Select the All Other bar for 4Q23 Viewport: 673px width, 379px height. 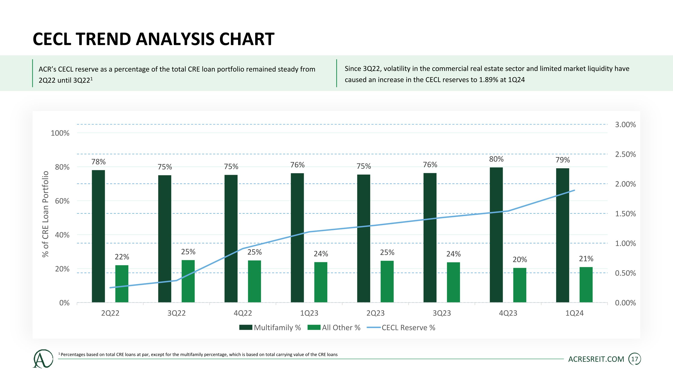click(520, 285)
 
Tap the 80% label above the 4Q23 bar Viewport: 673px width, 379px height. click(496, 159)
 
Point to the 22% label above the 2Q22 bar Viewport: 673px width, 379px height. click(122, 257)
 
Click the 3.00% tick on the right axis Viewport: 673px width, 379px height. click(625, 124)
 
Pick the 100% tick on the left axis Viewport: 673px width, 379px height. click(60, 133)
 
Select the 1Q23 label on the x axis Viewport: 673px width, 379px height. click(309, 313)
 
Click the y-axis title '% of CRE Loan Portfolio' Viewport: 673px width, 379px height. click(46, 214)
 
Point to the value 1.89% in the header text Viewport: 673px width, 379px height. click(488, 80)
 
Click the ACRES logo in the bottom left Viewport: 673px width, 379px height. click(43, 359)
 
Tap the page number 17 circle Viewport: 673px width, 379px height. click(634, 359)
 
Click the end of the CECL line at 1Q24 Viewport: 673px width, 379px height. click(574, 191)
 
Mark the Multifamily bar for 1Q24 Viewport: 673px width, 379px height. click(562, 235)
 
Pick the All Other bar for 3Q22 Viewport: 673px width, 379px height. click(188, 281)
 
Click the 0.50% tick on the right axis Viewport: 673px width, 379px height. click(625, 273)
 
